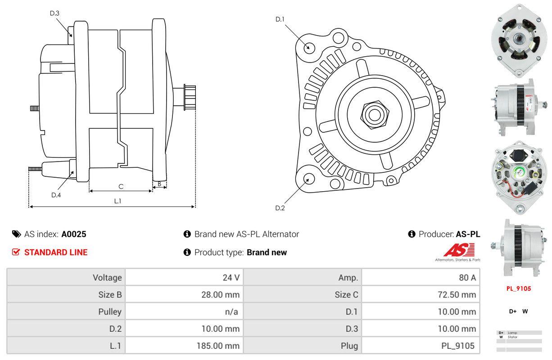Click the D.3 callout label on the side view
tap(54, 13)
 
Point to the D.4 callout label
tap(56, 195)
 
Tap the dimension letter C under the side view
tap(121, 186)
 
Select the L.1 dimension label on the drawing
tap(117, 201)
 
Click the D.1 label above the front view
tap(280, 19)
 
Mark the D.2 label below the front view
tap(280, 208)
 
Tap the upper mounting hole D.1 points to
tap(309, 47)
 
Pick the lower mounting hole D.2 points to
tap(308, 179)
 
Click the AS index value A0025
tap(74, 234)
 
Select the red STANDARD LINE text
tap(56, 252)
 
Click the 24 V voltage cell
tap(231, 278)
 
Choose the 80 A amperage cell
tap(467, 278)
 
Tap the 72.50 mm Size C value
tap(457, 295)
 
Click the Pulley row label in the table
tap(110, 312)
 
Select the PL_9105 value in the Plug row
tap(457, 346)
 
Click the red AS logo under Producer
tap(459, 251)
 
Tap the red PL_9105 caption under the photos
tap(519, 288)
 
